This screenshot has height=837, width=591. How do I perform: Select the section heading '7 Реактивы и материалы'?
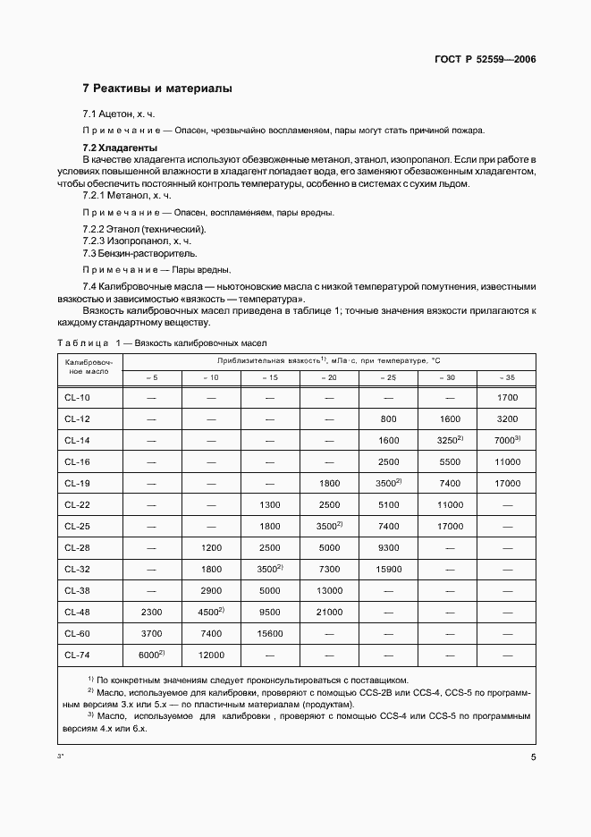click(157, 89)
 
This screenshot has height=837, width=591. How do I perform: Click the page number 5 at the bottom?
click(532, 757)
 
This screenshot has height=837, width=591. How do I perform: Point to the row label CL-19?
click(78, 483)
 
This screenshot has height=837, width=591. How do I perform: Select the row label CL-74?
click(78, 655)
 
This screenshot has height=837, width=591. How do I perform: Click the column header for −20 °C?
click(329, 377)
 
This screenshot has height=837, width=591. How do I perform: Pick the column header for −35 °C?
click(506, 377)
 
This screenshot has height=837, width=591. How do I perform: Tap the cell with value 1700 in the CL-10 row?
click(506, 397)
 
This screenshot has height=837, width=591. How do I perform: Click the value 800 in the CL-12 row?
click(388, 418)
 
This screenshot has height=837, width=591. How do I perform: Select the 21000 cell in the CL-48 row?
click(329, 612)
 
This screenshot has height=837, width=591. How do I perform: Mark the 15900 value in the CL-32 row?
click(388, 569)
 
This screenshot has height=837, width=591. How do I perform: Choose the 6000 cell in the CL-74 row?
click(152, 655)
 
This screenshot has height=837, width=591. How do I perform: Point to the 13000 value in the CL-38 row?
click(329, 590)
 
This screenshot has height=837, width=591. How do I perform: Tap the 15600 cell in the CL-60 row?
click(270, 633)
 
